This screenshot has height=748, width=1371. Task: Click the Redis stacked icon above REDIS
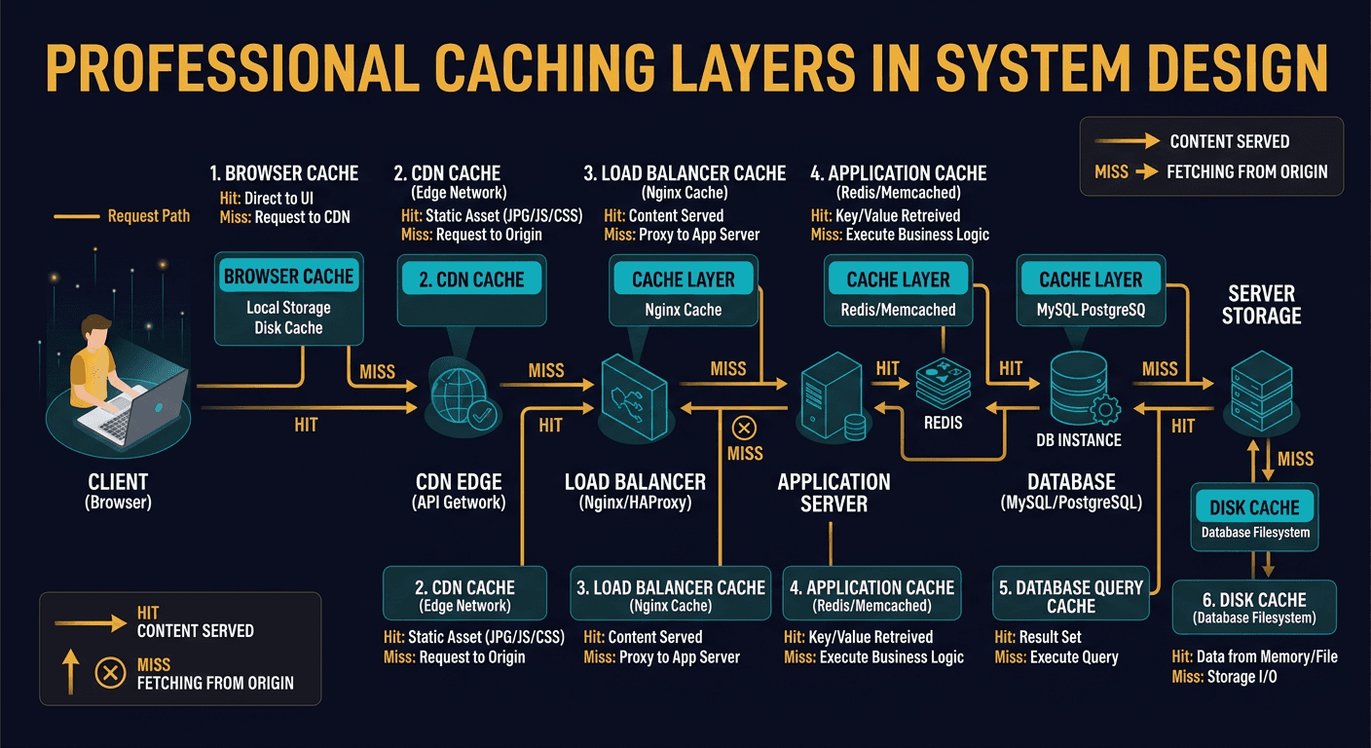(x=943, y=384)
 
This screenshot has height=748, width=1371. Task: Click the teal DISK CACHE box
(x=1254, y=507)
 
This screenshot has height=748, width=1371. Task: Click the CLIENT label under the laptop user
(x=119, y=481)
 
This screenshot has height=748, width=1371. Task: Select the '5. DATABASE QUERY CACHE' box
(x=1071, y=596)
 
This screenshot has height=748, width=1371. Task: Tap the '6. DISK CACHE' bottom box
(x=1254, y=608)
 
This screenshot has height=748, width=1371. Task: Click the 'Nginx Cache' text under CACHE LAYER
(x=684, y=310)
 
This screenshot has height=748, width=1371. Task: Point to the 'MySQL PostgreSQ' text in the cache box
(x=1091, y=310)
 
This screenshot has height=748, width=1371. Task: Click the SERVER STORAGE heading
(x=1261, y=304)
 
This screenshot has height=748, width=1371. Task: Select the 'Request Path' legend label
(x=148, y=215)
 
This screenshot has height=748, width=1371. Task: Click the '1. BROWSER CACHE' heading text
(x=284, y=173)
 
